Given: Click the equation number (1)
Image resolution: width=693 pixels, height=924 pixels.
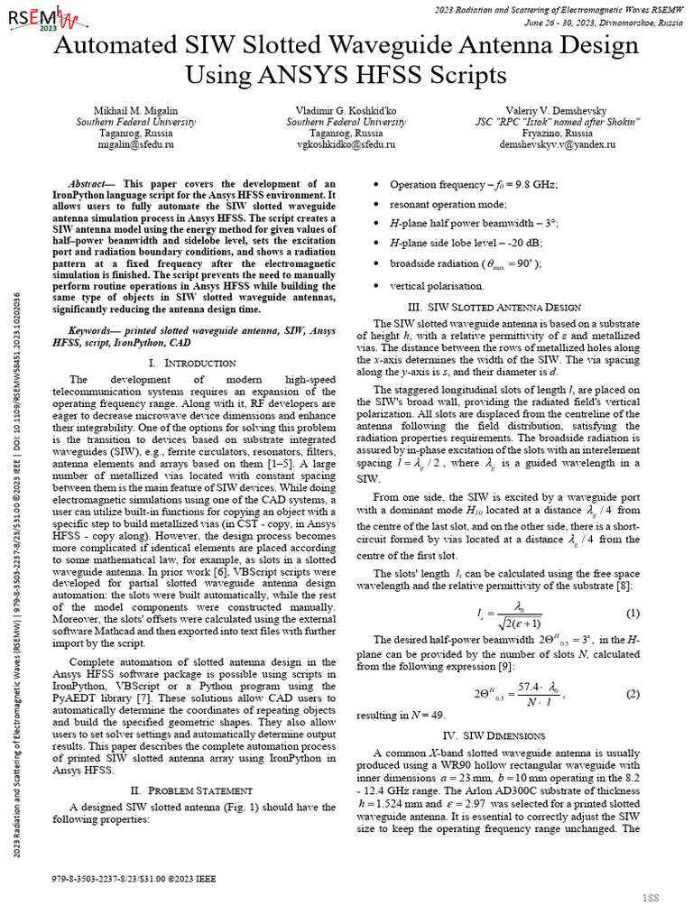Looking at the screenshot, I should coord(633,614).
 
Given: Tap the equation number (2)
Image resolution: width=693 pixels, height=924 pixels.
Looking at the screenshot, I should coord(633,693).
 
